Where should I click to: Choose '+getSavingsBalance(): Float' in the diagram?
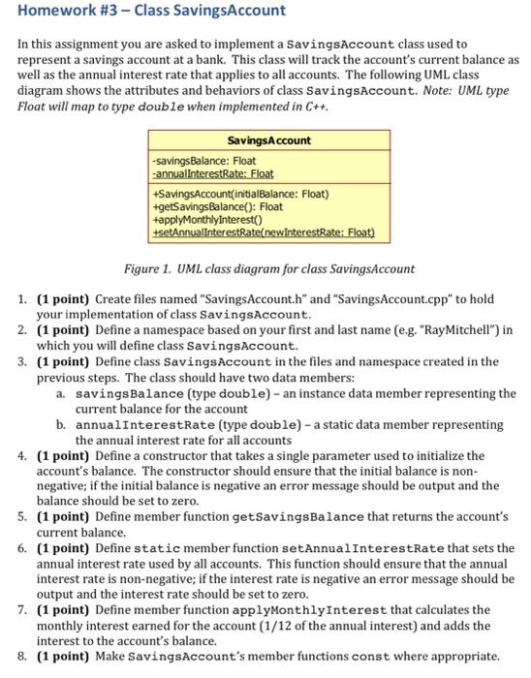(x=217, y=205)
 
